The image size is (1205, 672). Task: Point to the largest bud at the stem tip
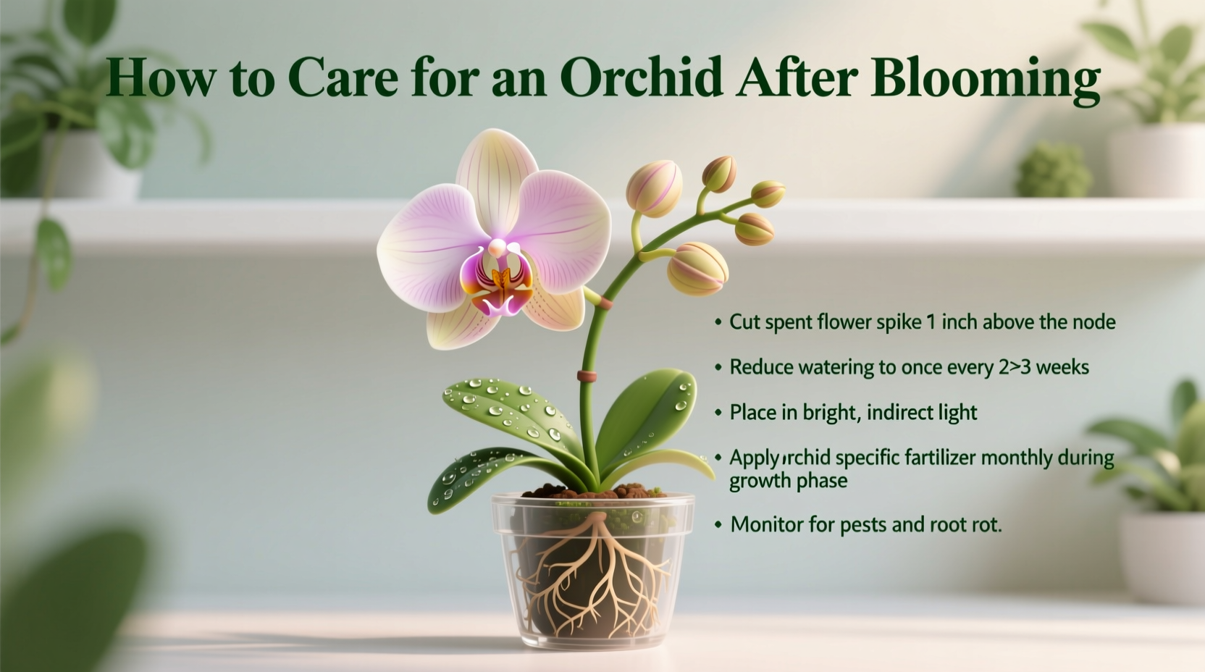coord(697,268)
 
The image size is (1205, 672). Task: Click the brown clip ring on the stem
coord(587,376)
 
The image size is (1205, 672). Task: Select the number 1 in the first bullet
coord(930,322)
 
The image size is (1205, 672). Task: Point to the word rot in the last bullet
coord(986,524)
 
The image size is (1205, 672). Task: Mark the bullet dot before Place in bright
coord(718,413)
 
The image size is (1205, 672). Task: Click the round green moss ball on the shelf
coord(1054,171)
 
